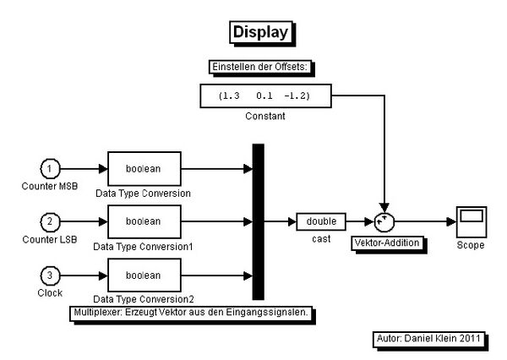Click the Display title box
click(x=260, y=33)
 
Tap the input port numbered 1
click(x=51, y=169)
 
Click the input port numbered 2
click(x=51, y=222)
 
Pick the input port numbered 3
click(x=51, y=275)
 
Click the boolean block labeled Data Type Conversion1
click(x=144, y=222)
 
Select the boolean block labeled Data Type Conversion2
click(x=144, y=275)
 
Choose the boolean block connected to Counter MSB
click(x=144, y=169)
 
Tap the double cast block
click(x=321, y=222)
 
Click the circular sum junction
click(x=384, y=222)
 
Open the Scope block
click(x=471, y=221)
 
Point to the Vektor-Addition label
click(x=385, y=243)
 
